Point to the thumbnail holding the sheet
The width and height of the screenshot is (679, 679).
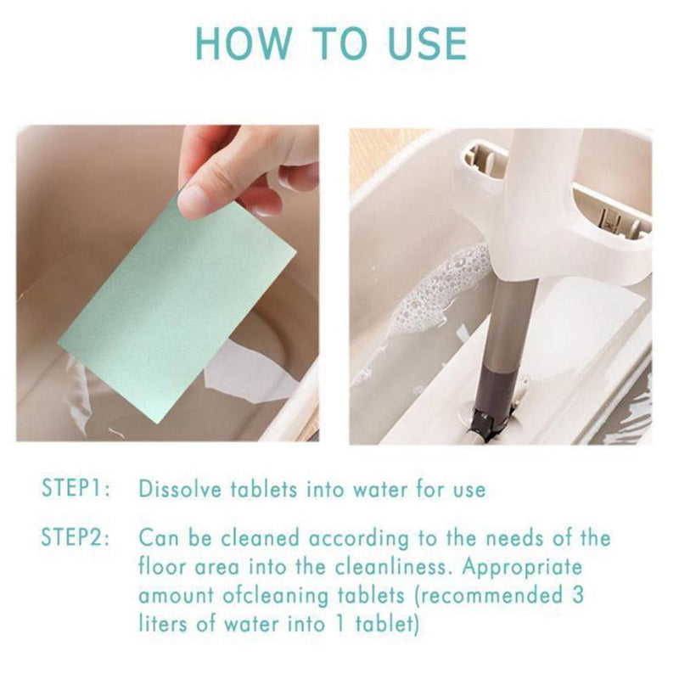pos(194,200)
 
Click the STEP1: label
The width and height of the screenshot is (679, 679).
pos(76,488)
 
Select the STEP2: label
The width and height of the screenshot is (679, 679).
pos(76,537)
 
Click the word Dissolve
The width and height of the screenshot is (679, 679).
pos(180,490)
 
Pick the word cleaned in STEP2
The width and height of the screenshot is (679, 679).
pos(261,538)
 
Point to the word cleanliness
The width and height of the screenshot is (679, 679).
pos(393,567)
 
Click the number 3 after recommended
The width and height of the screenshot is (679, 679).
pos(576,595)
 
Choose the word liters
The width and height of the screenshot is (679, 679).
pos(163,624)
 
